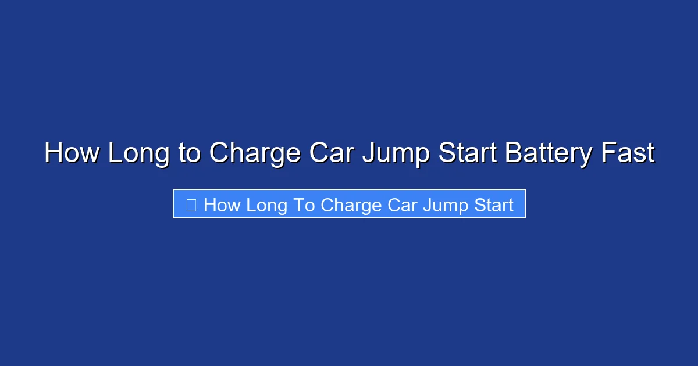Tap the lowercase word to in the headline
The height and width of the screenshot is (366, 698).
click(x=189, y=153)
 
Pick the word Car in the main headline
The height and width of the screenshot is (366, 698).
click(x=331, y=153)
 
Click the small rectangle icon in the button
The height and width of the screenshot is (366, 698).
click(x=191, y=204)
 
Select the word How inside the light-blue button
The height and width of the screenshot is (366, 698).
click(x=222, y=205)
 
